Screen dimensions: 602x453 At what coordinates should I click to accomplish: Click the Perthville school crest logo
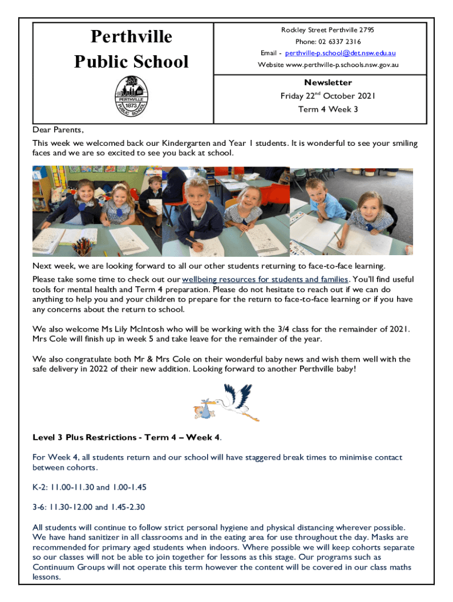tap(131, 96)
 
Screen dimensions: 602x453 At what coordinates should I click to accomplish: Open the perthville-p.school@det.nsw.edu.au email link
tap(340, 53)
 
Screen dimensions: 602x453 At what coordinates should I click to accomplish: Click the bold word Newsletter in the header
tap(328, 83)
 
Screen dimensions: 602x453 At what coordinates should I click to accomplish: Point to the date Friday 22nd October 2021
tap(328, 96)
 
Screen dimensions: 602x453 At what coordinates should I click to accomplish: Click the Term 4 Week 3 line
tap(328, 109)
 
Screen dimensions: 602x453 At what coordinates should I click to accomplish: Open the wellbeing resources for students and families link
tap(265, 279)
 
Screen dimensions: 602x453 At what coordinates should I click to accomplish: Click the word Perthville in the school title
tap(131, 37)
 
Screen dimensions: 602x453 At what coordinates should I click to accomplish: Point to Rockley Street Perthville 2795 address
tap(328, 30)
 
